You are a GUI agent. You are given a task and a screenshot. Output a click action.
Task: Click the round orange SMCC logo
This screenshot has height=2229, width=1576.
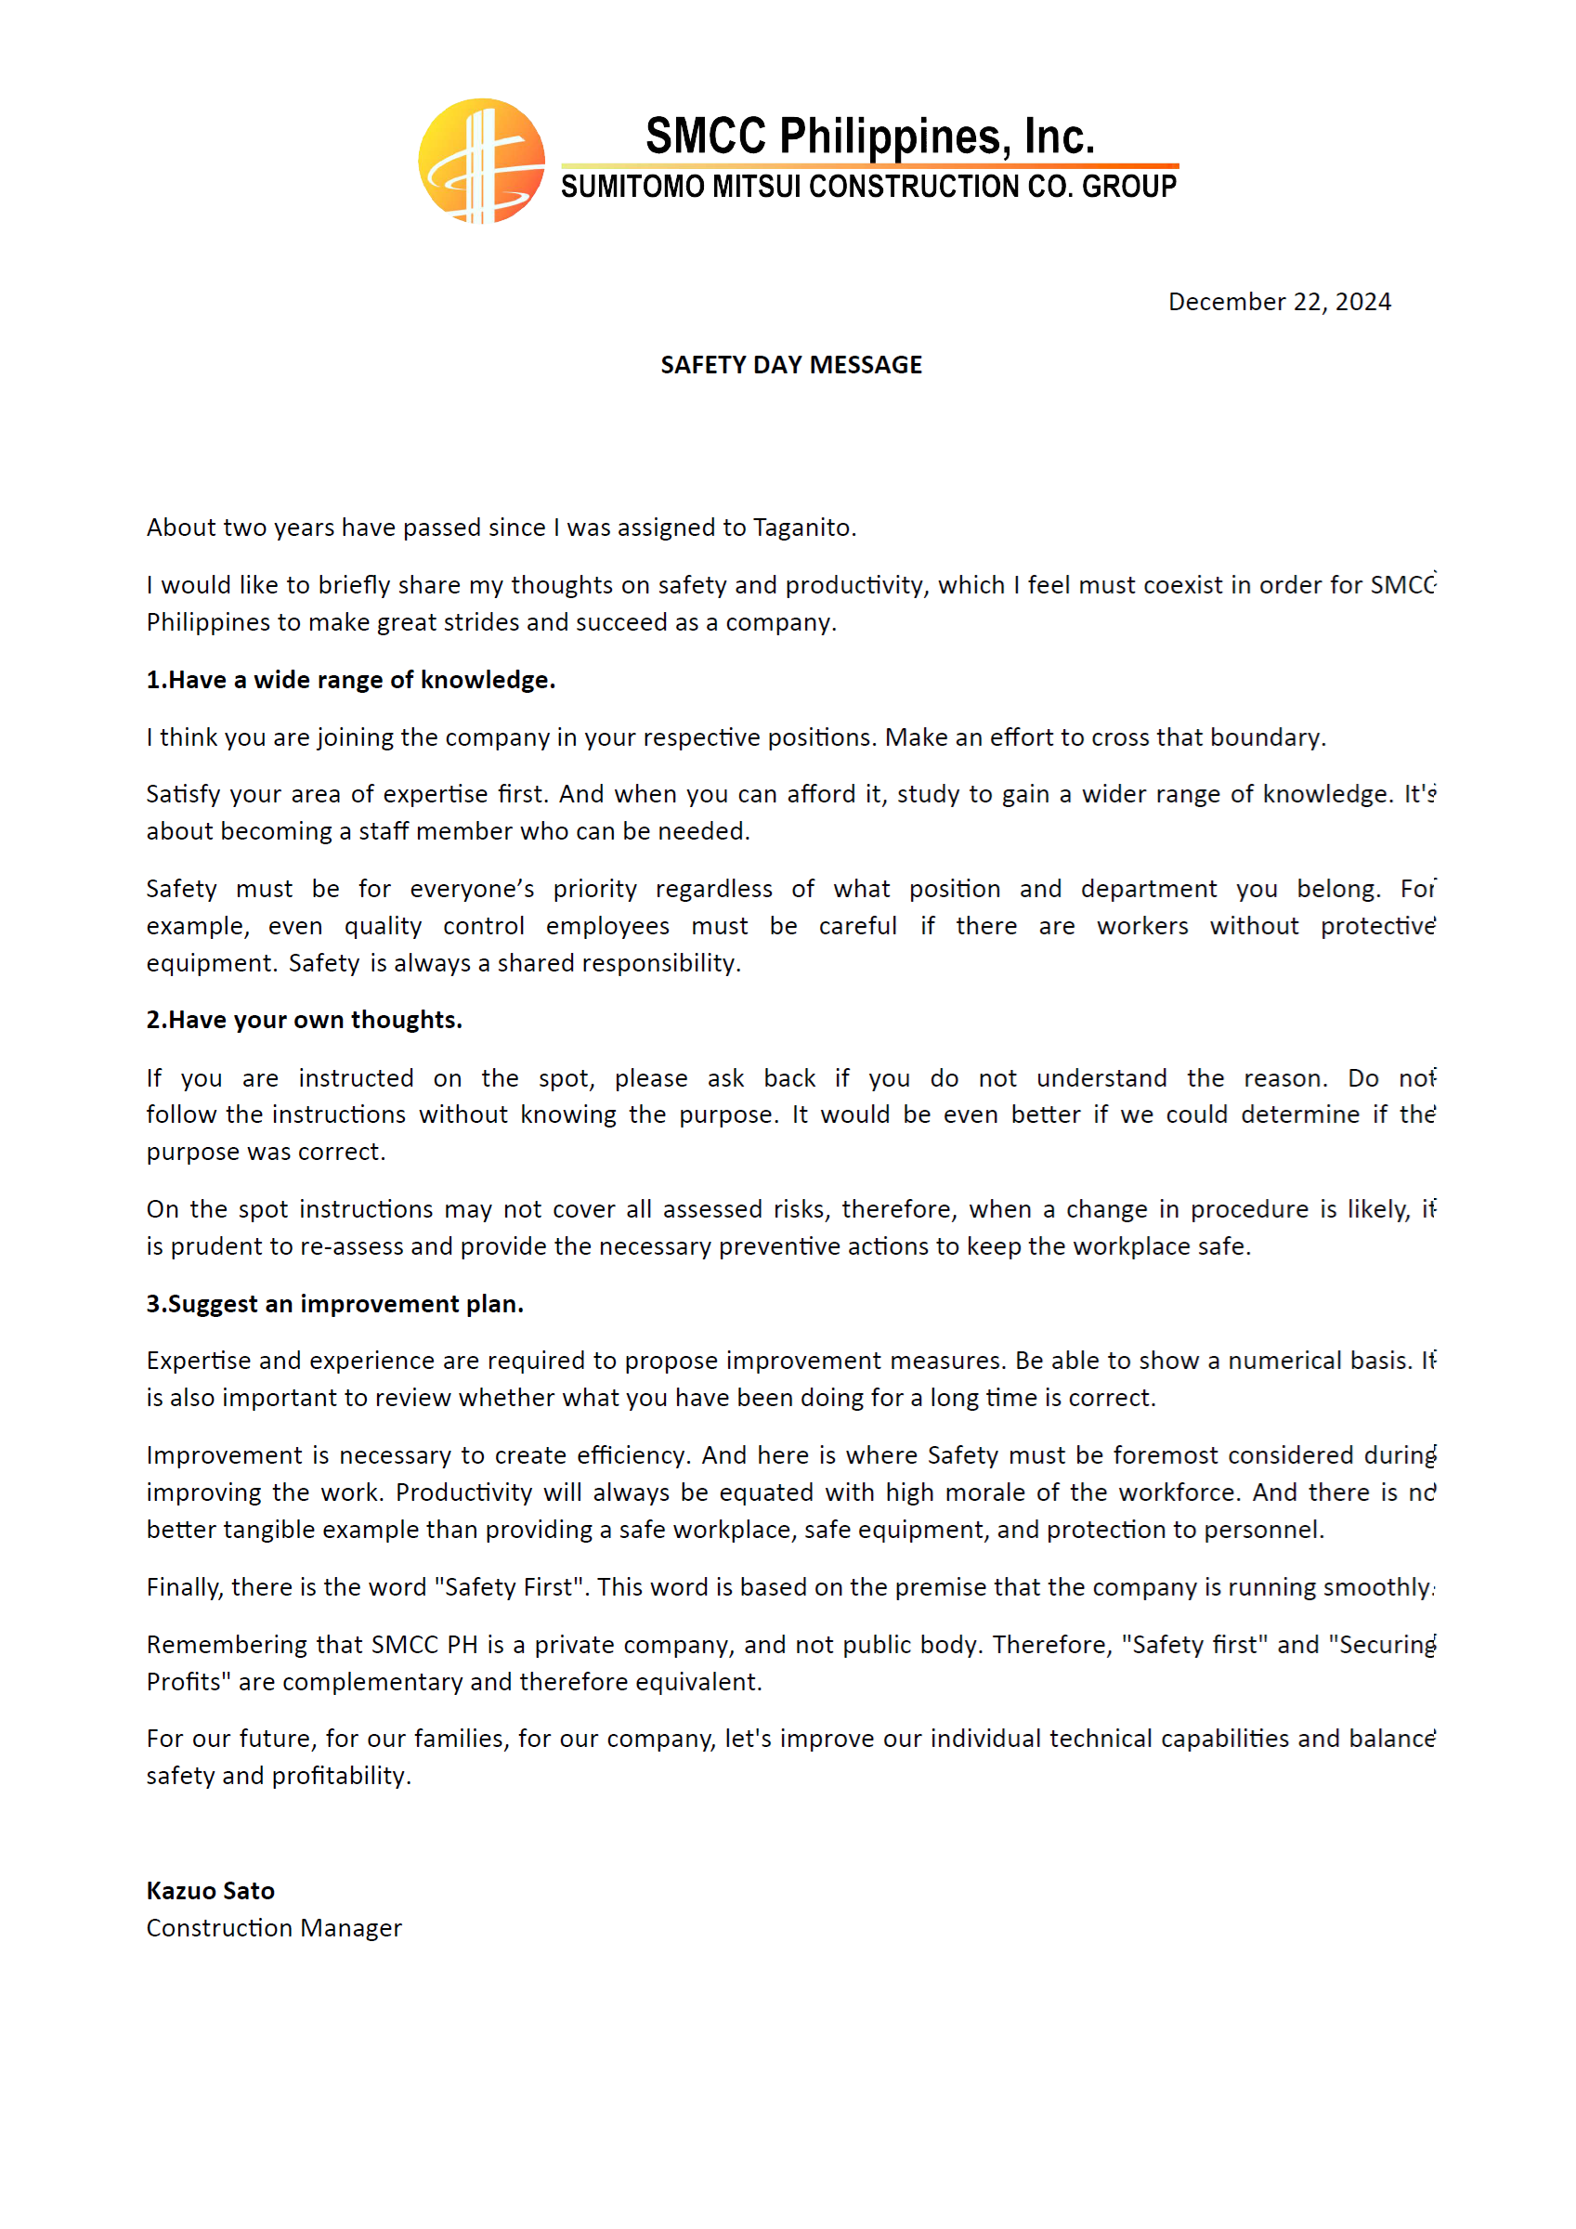(x=481, y=162)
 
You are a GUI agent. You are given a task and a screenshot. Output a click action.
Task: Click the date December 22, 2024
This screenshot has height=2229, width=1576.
(x=1279, y=302)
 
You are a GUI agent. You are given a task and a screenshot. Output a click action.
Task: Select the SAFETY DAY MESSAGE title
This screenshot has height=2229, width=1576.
(x=790, y=365)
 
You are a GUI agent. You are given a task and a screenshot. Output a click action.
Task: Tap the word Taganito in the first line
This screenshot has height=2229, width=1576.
(x=802, y=528)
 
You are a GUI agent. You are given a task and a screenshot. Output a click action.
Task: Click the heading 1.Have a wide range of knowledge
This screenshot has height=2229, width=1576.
(x=350, y=680)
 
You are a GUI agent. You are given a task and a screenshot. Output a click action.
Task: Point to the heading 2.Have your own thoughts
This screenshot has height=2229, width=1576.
(x=304, y=1020)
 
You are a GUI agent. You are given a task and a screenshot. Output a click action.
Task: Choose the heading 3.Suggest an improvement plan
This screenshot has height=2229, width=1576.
(x=335, y=1304)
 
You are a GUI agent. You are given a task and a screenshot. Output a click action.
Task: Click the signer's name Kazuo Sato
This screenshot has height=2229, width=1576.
(x=211, y=1890)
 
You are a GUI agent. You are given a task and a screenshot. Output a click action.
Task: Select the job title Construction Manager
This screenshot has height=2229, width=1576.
(x=274, y=1927)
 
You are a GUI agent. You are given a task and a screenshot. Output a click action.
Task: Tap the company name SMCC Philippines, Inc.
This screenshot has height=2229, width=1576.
(x=869, y=136)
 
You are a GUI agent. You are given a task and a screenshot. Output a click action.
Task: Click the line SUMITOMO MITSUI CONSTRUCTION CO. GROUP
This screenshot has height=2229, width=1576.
(x=868, y=187)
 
